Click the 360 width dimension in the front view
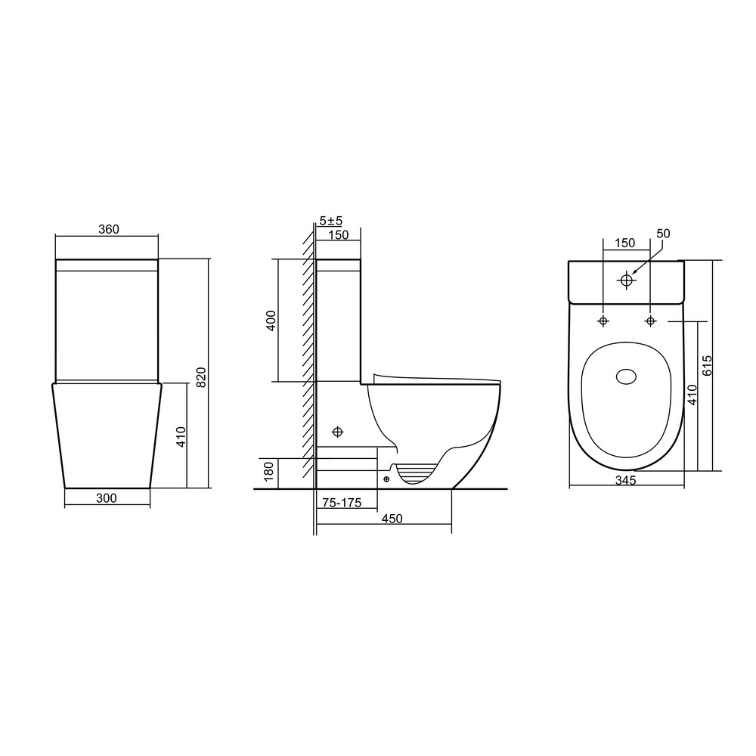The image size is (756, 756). pyautogui.click(x=108, y=230)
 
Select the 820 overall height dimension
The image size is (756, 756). pyautogui.click(x=202, y=377)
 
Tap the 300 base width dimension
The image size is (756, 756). pyautogui.click(x=106, y=498)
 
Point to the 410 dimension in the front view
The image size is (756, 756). pyautogui.click(x=181, y=437)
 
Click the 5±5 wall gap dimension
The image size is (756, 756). pyautogui.click(x=331, y=221)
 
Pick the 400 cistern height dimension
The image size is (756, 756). pyautogui.click(x=271, y=321)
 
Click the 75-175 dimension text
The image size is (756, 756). pyautogui.click(x=342, y=503)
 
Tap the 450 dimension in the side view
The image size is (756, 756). pyautogui.click(x=392, y=519)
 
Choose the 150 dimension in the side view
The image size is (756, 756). pyautogui.click(x=338, y=235)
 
